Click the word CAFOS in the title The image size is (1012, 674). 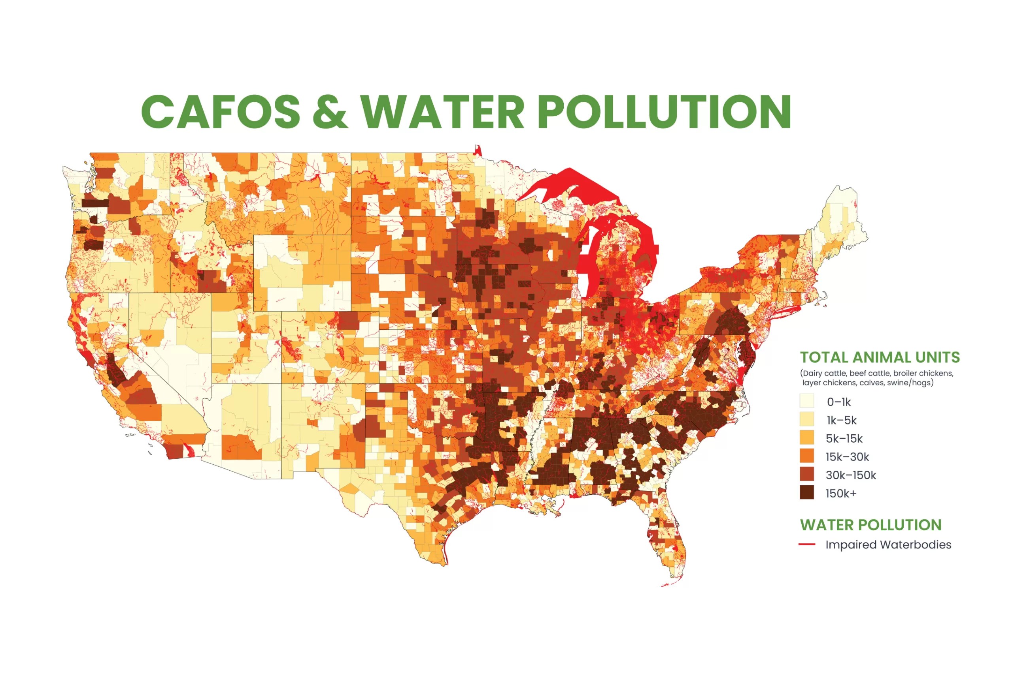(220, 111)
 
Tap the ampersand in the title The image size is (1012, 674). (330, 111)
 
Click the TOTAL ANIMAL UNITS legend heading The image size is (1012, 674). (880, 357)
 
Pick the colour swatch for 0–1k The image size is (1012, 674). (807, 401)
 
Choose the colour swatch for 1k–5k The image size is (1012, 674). (807, 420)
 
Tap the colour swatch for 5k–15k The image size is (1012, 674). (807, 437)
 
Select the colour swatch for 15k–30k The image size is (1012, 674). (807, 456)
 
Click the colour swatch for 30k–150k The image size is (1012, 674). (807, 475)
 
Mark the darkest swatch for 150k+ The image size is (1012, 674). (807, 493)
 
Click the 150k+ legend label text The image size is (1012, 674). (841, 494)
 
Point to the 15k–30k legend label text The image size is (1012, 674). (847, 457)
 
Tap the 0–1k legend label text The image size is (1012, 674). (838, 402)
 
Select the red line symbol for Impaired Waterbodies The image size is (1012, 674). (807, 544)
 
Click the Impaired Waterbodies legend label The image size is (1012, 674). (888, 544)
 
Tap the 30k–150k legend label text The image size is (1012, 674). (851, 475)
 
